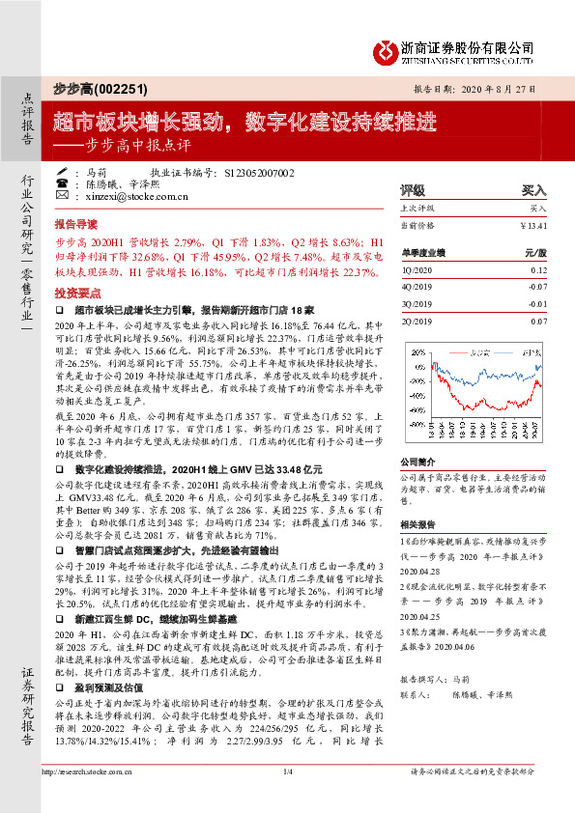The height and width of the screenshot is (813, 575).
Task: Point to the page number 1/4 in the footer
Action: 287,799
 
